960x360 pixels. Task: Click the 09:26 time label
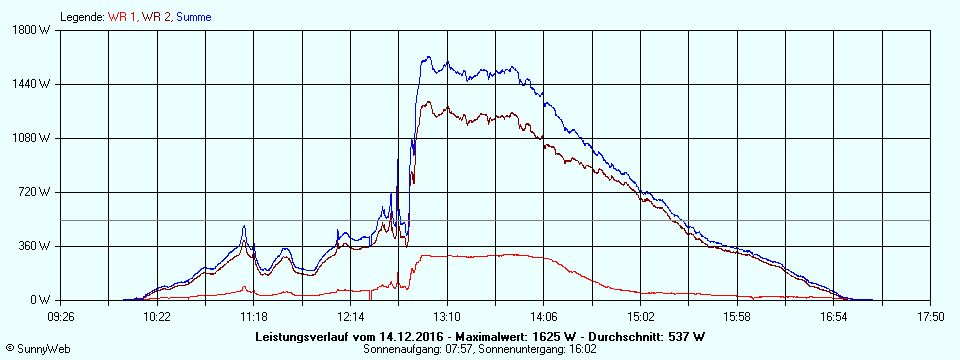pos(60,317)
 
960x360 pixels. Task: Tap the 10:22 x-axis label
pos(157,317)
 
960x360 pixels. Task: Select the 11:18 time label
pos(254,317)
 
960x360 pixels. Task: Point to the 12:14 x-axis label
pos(350,317)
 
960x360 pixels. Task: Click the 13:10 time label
pos(447,317)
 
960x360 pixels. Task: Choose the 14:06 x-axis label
pos(544,317)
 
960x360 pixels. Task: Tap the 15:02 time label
pos(640,317)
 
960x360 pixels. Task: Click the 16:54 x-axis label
pos(834,317)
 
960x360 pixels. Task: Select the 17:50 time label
pos(930,317)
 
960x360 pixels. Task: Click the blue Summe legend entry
pos(194,17)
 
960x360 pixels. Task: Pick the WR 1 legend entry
pos(123,17)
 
